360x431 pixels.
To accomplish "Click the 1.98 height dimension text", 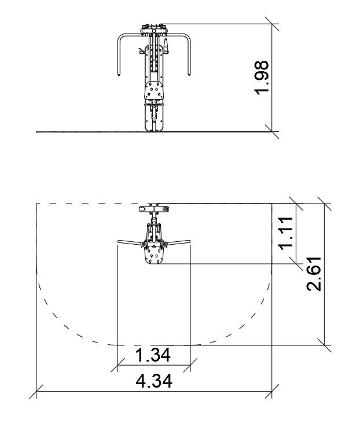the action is tap(261, 78).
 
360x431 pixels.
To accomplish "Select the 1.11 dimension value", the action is tap(286, 233).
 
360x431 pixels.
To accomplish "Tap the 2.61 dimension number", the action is tap(314, 274).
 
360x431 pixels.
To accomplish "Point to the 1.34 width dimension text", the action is tap(153, 355).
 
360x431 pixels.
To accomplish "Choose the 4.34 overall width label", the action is tap(154, 381).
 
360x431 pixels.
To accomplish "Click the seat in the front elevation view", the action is tap(154, 90).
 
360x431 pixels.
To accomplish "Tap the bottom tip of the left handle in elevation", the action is tap(119, 75).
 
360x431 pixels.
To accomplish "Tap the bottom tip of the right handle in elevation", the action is tap(189, 75).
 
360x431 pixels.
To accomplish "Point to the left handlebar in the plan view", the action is tap(130, 242).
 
